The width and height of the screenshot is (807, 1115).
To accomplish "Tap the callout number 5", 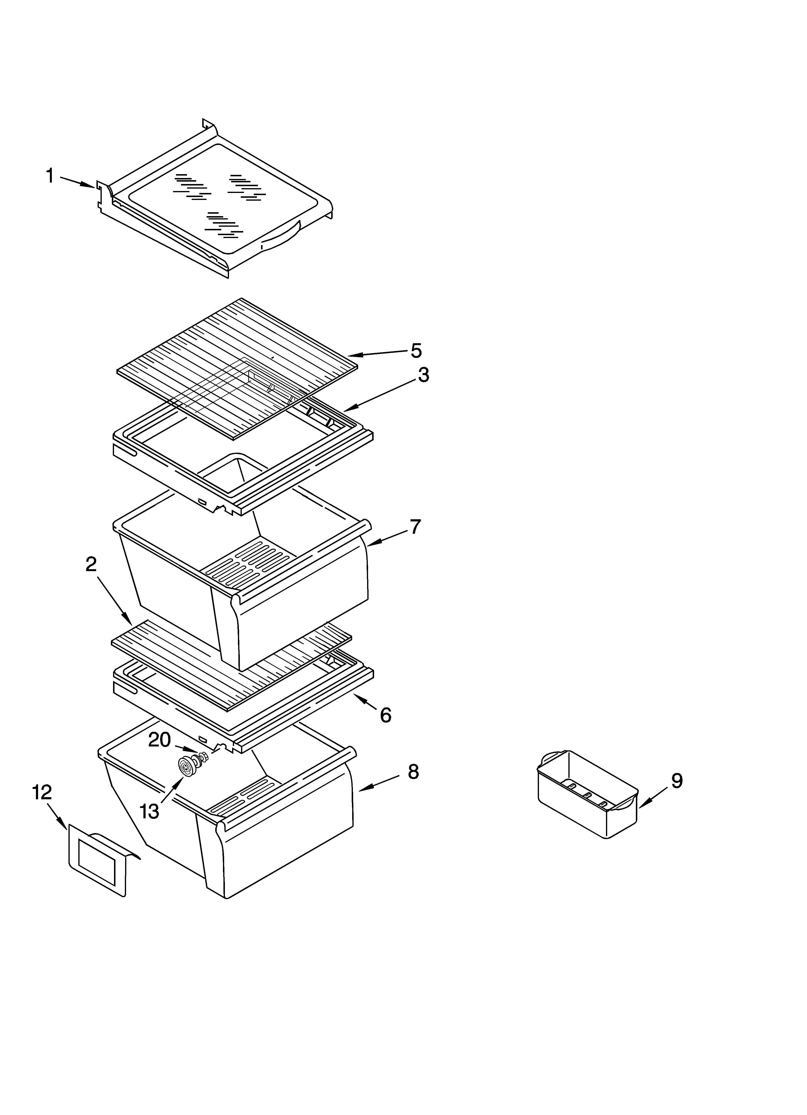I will [416, 351].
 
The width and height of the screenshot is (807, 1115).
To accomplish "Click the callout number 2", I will [91, 564].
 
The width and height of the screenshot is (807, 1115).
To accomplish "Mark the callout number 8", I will [413, 772].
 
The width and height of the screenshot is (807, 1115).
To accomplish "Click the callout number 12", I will [42, 793].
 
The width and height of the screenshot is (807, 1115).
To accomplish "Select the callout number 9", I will [677, 781].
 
